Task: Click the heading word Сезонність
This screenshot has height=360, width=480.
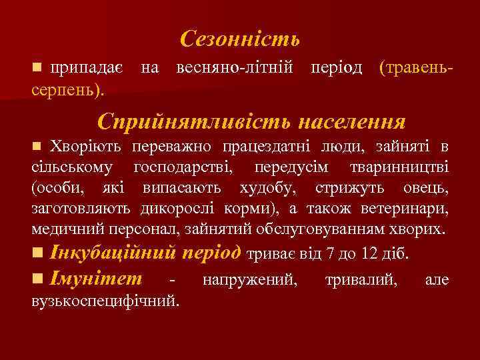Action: tap(240, 39)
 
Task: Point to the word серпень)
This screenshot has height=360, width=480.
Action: tap(67, 87)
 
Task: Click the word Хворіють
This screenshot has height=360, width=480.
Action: tap(86, 146)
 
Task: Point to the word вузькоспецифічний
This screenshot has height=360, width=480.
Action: tap(105, 300)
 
